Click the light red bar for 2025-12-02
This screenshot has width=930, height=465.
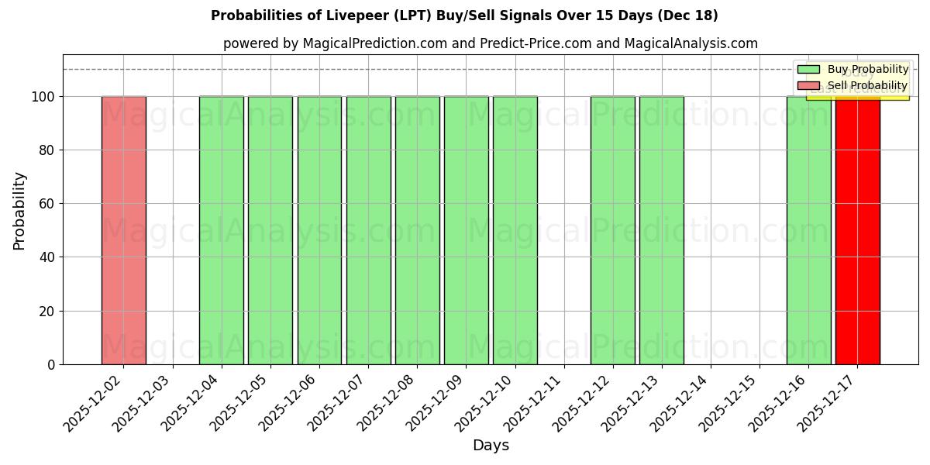[x=123, y=230]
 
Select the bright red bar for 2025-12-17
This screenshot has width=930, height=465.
[x=857, y=230]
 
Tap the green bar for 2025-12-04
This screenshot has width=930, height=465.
[x=221, y=230]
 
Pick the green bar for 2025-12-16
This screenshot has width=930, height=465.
[x=808, y=230]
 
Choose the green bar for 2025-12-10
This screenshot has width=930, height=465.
[x=515, y=230]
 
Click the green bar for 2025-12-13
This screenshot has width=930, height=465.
[x=661, y=230]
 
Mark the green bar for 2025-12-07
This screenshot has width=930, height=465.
[x=368, y=230]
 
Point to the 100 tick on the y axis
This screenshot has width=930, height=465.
[x=43, y=97]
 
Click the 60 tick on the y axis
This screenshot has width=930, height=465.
[x=46, y=204]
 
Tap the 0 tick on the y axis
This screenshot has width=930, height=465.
[x=50, y=364]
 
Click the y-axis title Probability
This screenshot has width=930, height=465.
[x=19, y=210]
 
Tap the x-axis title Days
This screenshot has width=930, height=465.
[x=491, y=446]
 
